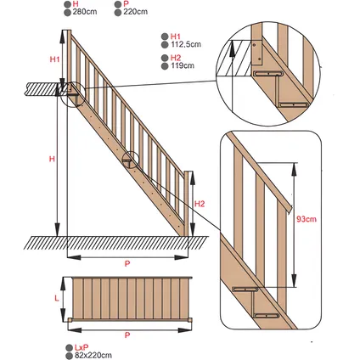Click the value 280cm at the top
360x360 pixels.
(85, 12)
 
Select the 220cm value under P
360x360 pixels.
(135, 12)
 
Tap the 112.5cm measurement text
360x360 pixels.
(186, 44)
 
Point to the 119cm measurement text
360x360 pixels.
(183, 65)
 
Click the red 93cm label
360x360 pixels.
(307, 219)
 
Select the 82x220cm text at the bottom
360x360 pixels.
(93, 355)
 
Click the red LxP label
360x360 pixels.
(82, 347)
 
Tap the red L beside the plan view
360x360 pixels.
(57, 298)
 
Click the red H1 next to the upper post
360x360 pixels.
(55, 59)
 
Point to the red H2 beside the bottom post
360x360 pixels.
(200, 204)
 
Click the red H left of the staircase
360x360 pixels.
(52, 159)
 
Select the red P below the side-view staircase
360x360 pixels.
(127, 263)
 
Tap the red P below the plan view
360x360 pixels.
(127, 335)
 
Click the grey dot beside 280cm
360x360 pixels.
(67, 13)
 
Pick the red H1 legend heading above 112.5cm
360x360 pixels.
(176, 37)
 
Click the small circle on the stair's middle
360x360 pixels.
(131, 160)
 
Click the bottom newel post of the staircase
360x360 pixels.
(186, 203)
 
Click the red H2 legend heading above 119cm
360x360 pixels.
(176, 58)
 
